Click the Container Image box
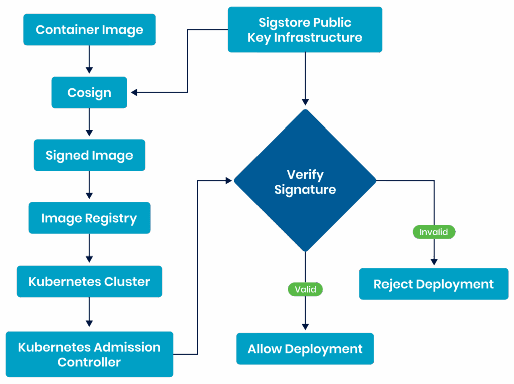pos(89,30)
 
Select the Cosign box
pos(89,92)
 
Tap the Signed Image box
pos(89,155)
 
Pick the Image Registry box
pos(89,218)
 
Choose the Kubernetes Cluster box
pos(89,281)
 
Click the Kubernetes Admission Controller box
pos(89,354)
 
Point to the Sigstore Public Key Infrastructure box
pos(305,30)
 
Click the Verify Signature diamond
pos(305,181)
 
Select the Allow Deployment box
pos(305,349)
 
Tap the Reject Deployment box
pos(434,284)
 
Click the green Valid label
pos(305,289)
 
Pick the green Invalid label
pos(434,232)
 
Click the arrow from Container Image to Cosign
pos(89,60)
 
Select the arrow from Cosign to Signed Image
pos(89,123)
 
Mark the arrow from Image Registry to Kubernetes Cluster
pos(89,249)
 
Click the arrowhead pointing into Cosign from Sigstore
pos(134,92)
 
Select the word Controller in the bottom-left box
pos(89,362)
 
